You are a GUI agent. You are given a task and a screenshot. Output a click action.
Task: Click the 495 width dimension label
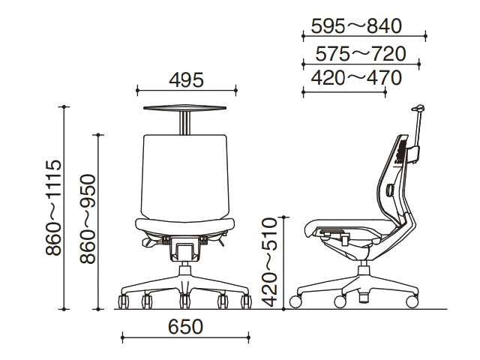186,80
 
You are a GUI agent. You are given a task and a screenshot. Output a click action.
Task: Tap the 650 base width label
185,327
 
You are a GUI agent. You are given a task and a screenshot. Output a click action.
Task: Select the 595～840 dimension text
356,26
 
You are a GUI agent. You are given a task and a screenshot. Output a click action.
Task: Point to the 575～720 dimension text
360,54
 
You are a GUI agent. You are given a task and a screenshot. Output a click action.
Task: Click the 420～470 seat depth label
356,78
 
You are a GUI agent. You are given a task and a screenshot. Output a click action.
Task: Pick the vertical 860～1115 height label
54,208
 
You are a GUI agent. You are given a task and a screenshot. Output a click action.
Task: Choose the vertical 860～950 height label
88,218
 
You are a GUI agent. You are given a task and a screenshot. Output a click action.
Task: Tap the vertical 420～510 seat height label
270,262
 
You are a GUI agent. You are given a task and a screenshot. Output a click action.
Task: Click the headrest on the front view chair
185,107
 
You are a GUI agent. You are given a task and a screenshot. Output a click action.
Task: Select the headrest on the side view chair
418,108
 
